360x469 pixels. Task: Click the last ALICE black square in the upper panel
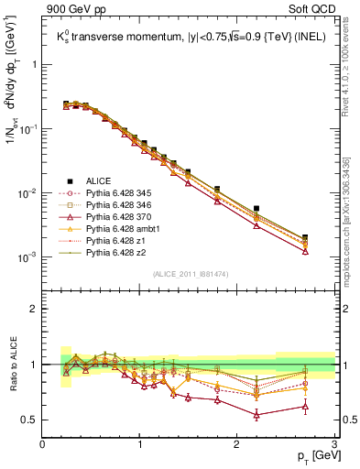click(305, 237)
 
